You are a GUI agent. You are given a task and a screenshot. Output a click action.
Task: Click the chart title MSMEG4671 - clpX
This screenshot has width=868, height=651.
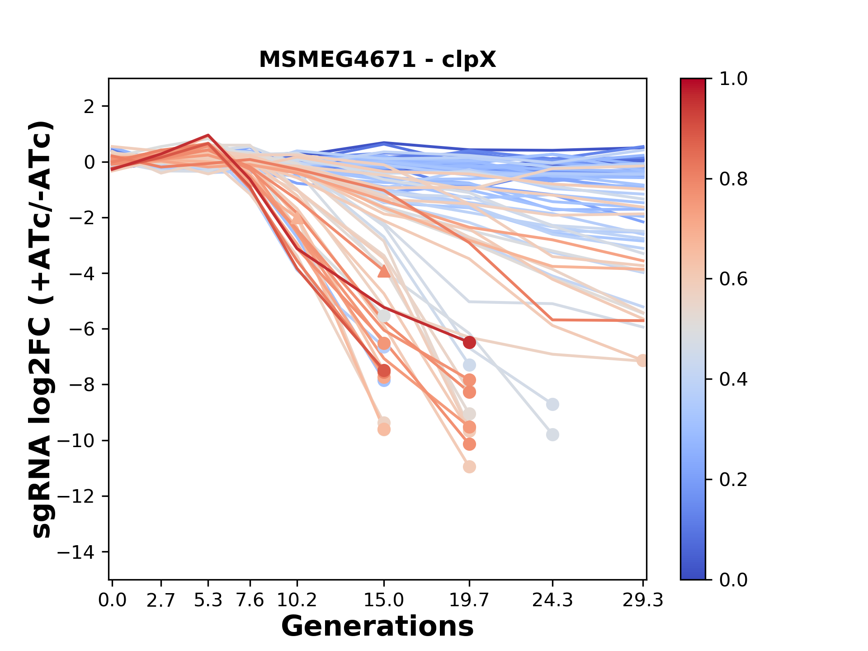[377, 59]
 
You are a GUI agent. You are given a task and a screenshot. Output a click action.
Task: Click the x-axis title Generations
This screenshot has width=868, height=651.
[377, 626]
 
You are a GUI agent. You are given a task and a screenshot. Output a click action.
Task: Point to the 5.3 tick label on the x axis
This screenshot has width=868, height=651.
[208, 600]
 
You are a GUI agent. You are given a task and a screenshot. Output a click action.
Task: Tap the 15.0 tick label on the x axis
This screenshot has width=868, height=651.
[384, 600]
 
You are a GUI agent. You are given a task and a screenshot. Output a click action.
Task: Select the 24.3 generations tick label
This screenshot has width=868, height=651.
[552, 600]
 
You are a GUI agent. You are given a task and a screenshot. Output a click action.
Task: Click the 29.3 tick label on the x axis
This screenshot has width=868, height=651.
[642, 600]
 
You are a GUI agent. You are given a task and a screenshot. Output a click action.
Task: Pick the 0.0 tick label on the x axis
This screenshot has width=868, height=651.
[113, 600]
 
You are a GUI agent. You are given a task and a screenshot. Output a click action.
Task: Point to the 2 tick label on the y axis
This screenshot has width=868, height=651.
[90, 107]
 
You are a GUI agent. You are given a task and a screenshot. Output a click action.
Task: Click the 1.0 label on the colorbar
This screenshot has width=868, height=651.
[733, 79]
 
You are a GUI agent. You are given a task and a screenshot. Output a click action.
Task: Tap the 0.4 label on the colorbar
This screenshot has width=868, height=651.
[733, 379]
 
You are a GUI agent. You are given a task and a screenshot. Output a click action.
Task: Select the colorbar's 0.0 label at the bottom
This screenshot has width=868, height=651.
[733, 580]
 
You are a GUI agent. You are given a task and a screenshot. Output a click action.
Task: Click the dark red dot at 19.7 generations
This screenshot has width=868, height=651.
[469, 342]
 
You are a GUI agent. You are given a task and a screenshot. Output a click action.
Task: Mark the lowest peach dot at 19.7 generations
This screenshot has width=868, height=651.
[469, 467]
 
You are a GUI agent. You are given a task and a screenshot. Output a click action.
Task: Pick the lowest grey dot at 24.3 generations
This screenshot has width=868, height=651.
[552, 435]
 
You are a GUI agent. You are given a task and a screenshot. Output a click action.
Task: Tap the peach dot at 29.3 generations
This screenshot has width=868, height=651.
[642, 360]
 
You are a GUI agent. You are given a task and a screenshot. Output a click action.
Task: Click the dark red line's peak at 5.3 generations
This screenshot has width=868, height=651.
[208, 135]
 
